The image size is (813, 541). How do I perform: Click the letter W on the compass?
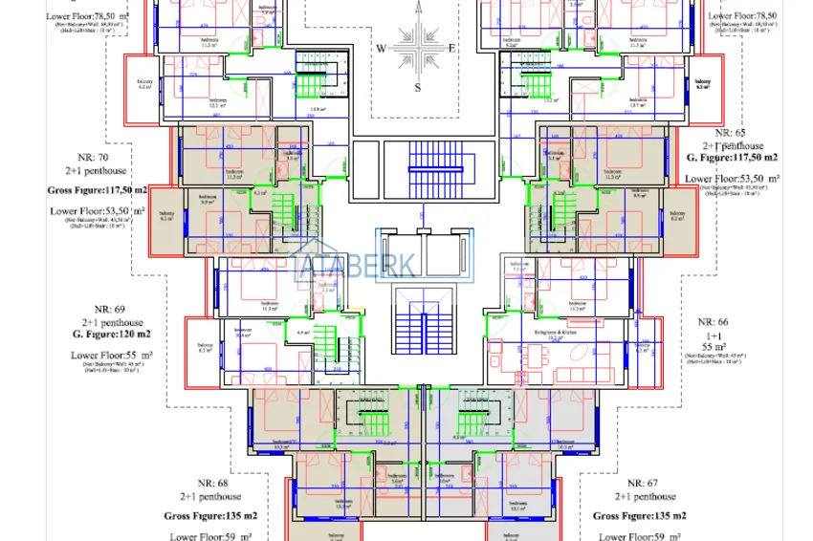click(380, 48)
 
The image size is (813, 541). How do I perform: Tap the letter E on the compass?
click(452, 48)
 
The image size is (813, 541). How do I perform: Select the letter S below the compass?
click(417, 87)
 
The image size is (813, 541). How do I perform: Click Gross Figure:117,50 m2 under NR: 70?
click(98, 190)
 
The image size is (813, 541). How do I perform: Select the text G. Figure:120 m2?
click(111, 335)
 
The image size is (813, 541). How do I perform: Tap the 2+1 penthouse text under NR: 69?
click(112, 322)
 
